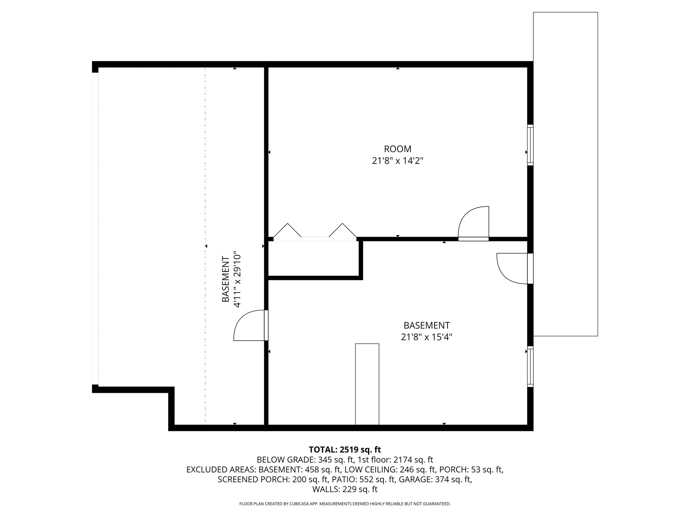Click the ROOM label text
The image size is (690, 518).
[398, 149]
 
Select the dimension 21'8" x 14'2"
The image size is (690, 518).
[398, 161]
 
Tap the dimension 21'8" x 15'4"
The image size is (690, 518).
[427, 337]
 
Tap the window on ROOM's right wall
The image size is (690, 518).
[530, 145]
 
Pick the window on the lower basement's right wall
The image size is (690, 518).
[530, 366]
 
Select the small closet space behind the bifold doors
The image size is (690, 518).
[313, 258]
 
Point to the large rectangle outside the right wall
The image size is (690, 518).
[565, 174]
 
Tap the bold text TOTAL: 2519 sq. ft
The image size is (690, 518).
[345, 450]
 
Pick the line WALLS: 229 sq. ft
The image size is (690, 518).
[345, 489]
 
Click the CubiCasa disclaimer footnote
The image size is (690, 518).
[345, 504]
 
